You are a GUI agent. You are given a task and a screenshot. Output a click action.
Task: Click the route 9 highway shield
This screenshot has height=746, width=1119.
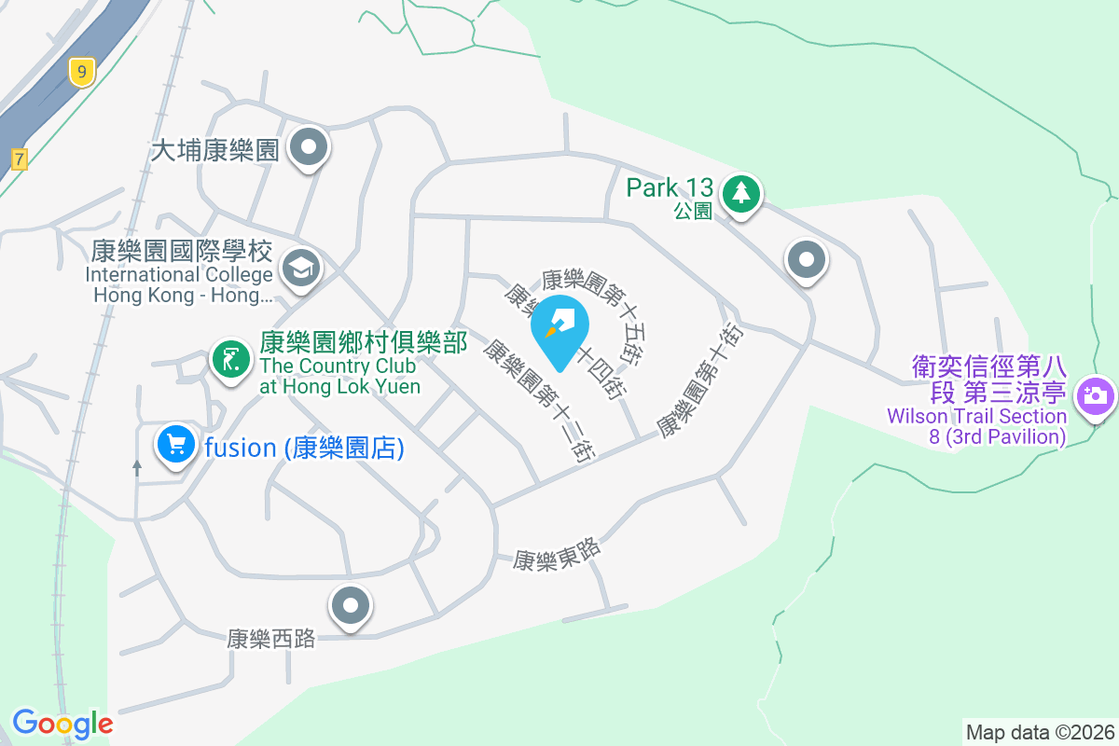point(83,71)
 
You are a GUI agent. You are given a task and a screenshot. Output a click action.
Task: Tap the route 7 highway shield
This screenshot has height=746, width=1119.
point(20,159)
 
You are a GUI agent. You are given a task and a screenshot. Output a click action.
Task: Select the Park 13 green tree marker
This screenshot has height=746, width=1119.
point(741,193)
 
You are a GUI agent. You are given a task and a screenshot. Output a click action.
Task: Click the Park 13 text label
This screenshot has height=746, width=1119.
point(670,187)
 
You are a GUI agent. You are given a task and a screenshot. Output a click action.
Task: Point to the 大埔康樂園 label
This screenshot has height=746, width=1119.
point(215,150)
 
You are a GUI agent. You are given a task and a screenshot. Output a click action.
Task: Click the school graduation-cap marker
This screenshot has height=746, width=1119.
point(301,269)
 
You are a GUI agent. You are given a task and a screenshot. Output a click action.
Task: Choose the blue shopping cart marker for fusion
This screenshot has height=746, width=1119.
point(175,445)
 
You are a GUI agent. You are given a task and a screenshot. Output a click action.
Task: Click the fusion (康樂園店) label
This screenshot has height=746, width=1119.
point(304,449)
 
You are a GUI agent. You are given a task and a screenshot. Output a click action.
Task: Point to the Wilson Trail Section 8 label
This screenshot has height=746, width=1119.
point(988,402)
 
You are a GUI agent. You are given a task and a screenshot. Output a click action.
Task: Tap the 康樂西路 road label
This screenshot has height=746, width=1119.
point(271,639)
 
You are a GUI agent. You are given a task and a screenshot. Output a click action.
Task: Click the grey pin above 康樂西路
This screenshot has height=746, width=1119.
point(351,607)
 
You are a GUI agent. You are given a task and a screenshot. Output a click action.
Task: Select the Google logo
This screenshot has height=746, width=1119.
point(62,724)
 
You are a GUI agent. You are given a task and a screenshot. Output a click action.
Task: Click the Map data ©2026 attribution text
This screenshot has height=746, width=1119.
point(1040,732)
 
